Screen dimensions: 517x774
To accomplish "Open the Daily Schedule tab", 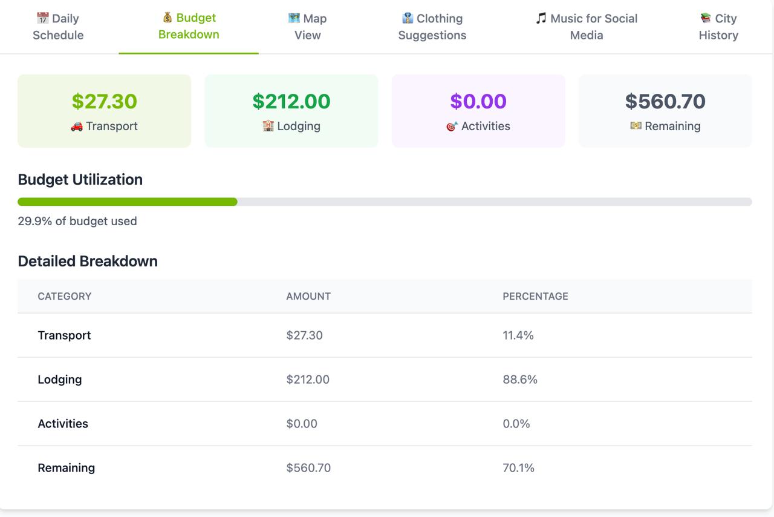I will point(58,27).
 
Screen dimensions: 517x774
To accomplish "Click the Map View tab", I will point(307,27).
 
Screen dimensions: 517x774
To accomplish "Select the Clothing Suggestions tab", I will point(432,27).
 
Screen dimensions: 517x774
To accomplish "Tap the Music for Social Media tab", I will point(586,27).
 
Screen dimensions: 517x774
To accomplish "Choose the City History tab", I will point(718,27).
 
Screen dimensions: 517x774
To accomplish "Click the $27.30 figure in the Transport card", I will point(104,101).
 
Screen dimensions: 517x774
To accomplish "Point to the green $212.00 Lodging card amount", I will point(291,101).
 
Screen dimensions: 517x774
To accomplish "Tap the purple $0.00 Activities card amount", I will point(478,101).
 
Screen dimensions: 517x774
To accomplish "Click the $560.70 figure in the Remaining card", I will point(665,101).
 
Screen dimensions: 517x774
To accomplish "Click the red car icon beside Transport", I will point(77,126).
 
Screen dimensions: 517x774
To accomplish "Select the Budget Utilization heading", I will point(80,179).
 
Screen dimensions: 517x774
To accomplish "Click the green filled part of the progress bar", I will point(127,202).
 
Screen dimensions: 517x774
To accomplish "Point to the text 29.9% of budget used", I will point(77,221).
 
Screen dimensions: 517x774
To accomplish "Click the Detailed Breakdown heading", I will point(88,261).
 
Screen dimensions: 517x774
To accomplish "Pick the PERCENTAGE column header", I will point(535,296).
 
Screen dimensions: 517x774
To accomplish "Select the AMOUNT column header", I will point(308,296).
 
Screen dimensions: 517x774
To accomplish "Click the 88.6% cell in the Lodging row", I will point(520,380).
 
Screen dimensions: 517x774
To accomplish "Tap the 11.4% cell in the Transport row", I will point(518,335).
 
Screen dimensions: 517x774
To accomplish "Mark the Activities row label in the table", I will point(63,424).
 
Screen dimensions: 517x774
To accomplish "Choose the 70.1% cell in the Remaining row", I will point(518,468).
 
